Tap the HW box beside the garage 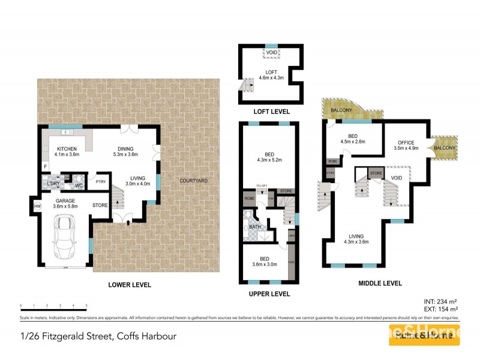point(38,206)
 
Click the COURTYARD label point(193,181)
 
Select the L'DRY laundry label point(54,184)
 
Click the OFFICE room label point(406,142)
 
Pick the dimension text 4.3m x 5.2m point(269,160)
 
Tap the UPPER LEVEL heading point(269,294)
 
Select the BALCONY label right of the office point(444,148)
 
